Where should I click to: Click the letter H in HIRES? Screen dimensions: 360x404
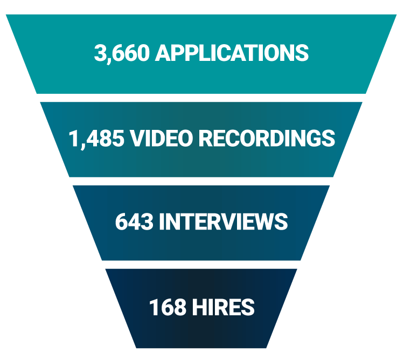(195, 307)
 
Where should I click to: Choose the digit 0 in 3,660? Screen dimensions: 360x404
(143, 53)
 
